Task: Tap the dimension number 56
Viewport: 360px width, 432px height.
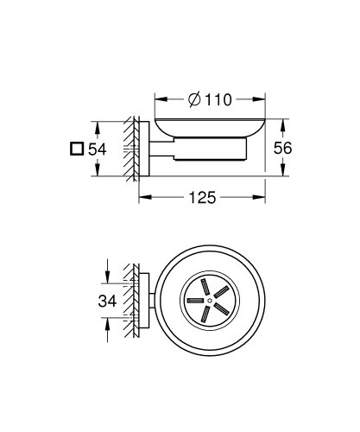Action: click(x=281, y=148)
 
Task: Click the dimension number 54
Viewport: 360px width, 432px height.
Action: click(x=97, y=149)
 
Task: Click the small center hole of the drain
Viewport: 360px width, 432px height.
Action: click(x=205, y=299)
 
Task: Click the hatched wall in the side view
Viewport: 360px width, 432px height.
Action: click(x=132, y=148)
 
